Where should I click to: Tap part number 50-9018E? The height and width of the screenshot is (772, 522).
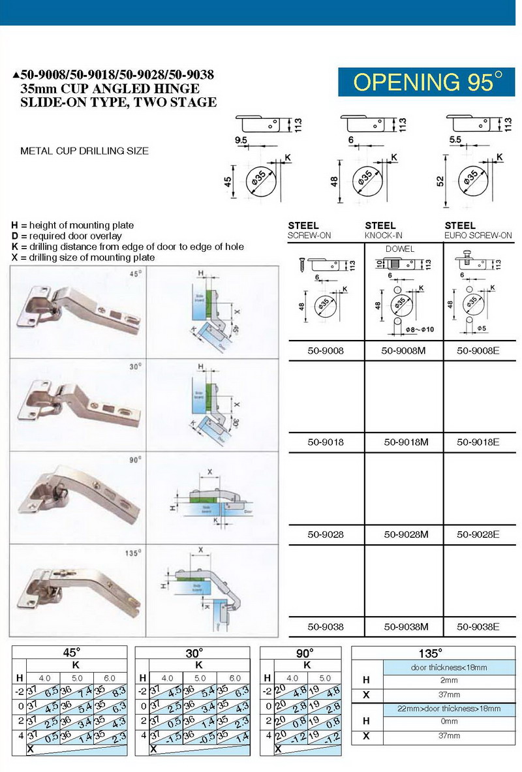click(x=478, y=442)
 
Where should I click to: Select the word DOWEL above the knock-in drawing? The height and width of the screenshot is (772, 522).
click(x=399, y=249)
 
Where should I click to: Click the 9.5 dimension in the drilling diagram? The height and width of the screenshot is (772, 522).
click(x=241, y=140)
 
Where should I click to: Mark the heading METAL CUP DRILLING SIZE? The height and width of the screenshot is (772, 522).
click(x=85, y=151)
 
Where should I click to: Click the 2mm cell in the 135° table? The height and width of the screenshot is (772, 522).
click(x=449, y=681)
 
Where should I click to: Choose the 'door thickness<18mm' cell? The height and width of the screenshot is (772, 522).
click(x=449, y=668)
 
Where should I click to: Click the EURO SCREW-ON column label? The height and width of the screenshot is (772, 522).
click(x=478, y=235)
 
